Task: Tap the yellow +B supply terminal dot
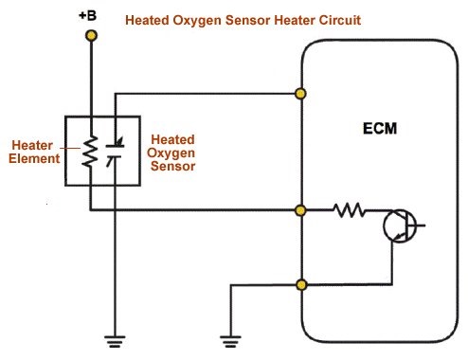point(91,36)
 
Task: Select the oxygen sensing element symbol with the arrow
point(115,152)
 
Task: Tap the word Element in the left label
point(35,159)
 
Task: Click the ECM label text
point(379,127)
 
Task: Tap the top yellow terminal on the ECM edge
point(301,93)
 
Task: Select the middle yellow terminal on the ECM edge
point(301,209)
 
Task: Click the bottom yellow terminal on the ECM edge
point(301,284)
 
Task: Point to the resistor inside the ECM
point(349,209)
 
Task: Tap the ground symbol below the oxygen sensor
point(115,339)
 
